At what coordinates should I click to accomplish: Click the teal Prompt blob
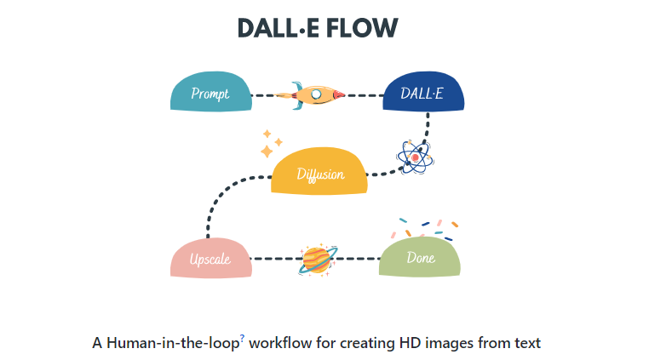point(210,93)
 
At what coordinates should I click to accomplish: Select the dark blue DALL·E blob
point(423,93)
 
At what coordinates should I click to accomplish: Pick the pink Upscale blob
point(210,257)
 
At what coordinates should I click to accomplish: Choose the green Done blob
point(421,257)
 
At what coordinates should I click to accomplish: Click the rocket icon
point(315,94)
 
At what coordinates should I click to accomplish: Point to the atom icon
point(415,157)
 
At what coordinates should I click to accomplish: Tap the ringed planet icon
point(317,259)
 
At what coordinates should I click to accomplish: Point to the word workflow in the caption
point(281,344)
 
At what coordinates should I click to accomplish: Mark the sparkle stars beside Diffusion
point(269,145)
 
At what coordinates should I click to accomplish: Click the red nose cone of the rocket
point(338,94)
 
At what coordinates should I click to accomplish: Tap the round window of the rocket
point(317,94)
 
